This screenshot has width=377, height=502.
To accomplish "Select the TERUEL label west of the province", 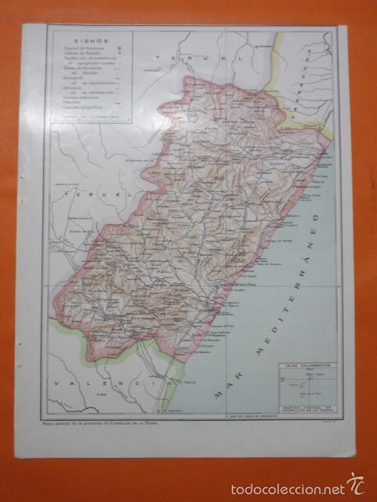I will point(90,191).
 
